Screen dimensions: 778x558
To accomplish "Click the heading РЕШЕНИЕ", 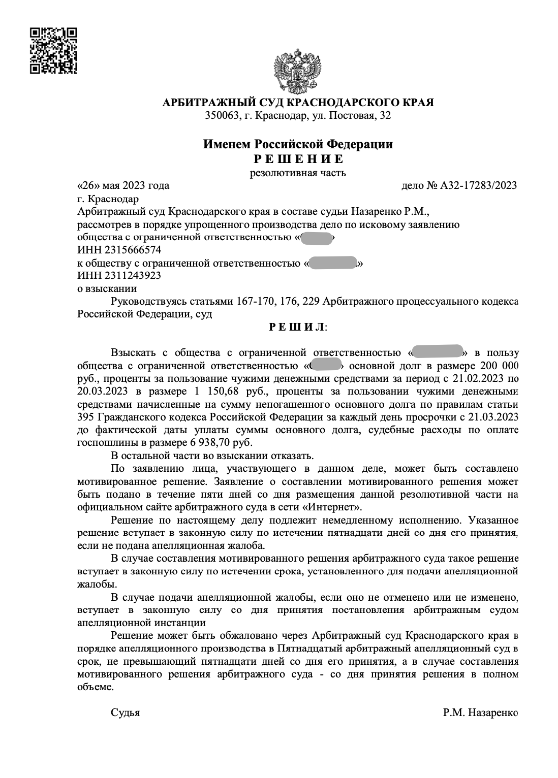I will tap(298, 159).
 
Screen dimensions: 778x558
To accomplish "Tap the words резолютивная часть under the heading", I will tap(298, 173).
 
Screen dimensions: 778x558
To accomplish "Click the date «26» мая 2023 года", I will tap(123, 186).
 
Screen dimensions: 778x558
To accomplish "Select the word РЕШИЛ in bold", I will tap(297, 328).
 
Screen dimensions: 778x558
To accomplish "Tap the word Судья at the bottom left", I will tap(125, 713).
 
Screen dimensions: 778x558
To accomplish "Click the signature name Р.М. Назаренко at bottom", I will tap(480, 713).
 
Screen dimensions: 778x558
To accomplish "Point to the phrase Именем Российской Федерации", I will tap(298, 144).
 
